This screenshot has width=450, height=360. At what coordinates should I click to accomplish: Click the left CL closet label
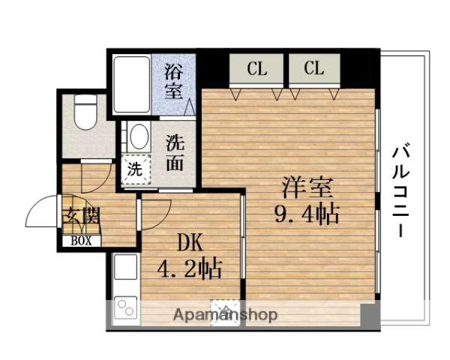click(x=257, y=70)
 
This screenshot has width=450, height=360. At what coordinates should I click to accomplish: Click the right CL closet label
click(x=314, y=70)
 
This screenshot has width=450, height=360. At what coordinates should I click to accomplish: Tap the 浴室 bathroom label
click(x=173, y=83)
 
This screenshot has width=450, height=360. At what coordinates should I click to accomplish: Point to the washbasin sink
click(x=139, y=136)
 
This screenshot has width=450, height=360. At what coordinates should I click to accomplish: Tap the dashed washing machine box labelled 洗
click(x=135, y=169)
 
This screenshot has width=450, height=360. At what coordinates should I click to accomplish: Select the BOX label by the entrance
click(x=82, y=241)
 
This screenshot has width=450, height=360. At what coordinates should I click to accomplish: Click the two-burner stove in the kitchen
click(x=124, y=308)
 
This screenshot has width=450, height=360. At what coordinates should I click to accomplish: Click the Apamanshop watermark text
click(x=226, y=315)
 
